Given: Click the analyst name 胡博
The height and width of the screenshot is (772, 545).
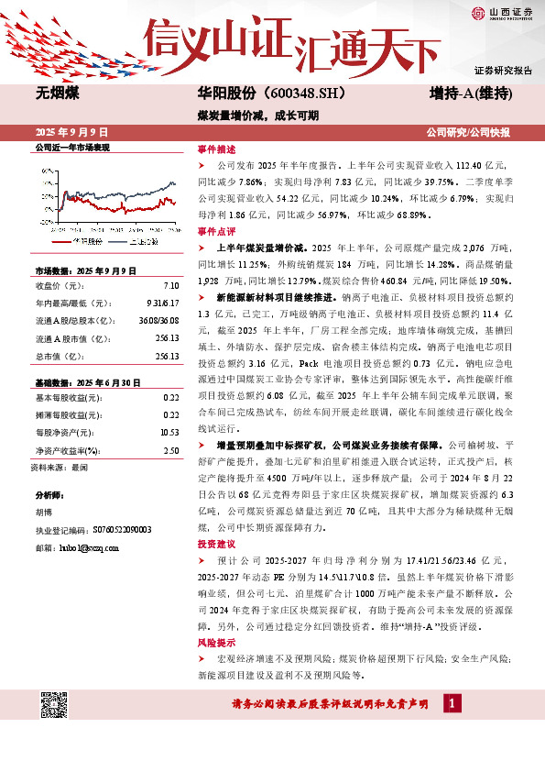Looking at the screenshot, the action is [x=43, y=515].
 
